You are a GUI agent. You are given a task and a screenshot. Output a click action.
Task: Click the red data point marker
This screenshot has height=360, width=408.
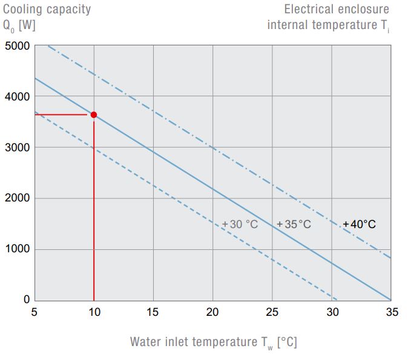tap(93, 114)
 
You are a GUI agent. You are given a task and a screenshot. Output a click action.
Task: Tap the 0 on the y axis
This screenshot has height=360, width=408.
tap(27, 299)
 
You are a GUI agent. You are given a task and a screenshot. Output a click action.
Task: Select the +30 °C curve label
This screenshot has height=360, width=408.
tap(240, 224)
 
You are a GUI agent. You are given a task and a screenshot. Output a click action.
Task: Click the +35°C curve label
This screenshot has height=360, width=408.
tap(294, 224)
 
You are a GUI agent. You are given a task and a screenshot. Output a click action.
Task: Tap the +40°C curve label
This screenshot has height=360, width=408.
tap(359, 224)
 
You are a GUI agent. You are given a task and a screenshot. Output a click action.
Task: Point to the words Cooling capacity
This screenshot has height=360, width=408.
tap(47, 9)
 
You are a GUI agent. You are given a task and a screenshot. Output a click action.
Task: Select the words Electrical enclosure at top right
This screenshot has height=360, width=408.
tap(337, 9)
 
